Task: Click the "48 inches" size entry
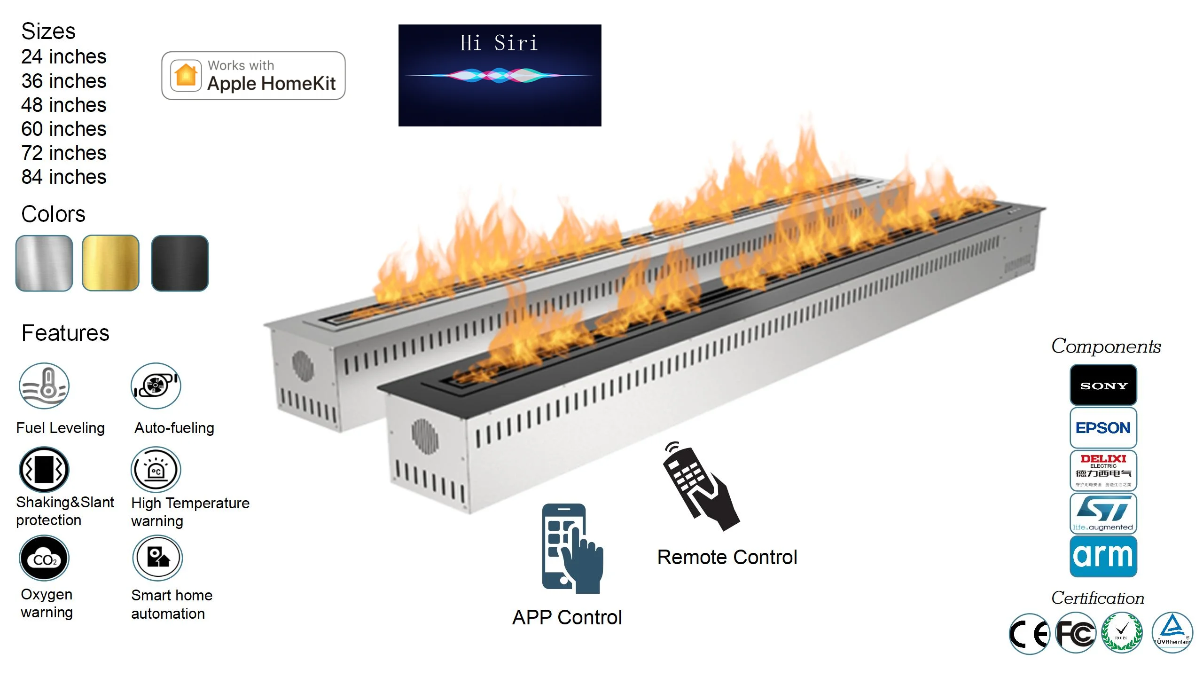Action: click(x=64, y=105)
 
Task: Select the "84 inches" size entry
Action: click(x=64, y=177)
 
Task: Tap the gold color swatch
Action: click(x=110, y=263)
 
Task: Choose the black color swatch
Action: click(x=180, y=263)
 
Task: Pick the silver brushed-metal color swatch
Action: click(x=44, y=263)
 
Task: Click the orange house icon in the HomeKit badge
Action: click(x=186, y=75)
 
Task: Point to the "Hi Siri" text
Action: click(x=499, y=43)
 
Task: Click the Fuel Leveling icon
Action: click(x=44, y=386)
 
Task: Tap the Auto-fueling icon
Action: click(x=156, y=386)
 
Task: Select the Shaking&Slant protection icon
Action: click(x=44, y=469)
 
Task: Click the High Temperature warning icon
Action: click(x=156, y=469)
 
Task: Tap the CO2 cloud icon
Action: click(x=44, y=558)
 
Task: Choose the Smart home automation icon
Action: click(x=157, y=558)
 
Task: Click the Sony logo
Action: click(x=1103, y=385)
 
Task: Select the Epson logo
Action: click(x=1103, y=427)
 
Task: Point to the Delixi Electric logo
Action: click(x=1103, y=470)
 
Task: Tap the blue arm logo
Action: click(x=1103, y=556)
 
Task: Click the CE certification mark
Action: click(x=1029, y=634)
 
